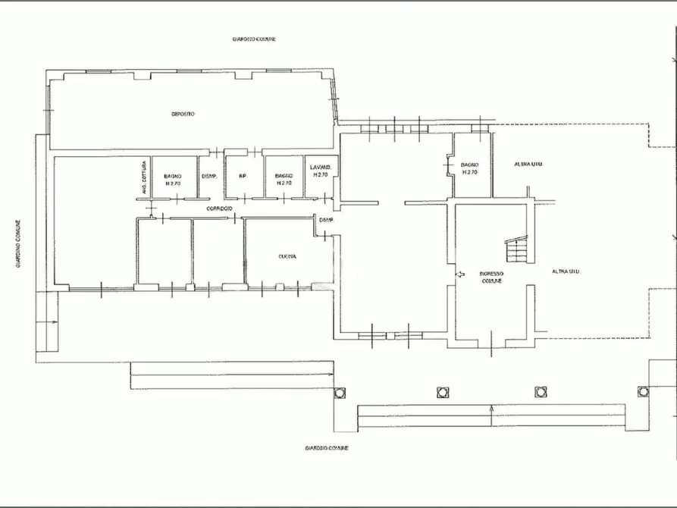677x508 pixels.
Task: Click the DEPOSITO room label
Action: click(182, 114)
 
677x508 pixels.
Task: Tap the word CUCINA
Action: click(287, 257)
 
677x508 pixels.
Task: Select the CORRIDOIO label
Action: click(217, 208)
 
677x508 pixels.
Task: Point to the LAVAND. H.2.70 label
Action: click(320, 171)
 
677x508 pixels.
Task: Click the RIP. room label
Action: click(243, 177)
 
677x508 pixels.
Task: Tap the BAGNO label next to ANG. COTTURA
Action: click(173, 180)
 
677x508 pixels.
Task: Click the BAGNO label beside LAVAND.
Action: click(284, 180)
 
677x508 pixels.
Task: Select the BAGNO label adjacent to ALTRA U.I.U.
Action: click(470, 168)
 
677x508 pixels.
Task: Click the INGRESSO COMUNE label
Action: click(491, 276)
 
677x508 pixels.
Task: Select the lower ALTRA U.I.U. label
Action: click(568, 271)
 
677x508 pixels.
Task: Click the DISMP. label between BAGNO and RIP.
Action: click(210, 177)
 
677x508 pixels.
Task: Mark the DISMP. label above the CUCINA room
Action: click(326, 221)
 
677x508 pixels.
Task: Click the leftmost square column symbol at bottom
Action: click(339, 392)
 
